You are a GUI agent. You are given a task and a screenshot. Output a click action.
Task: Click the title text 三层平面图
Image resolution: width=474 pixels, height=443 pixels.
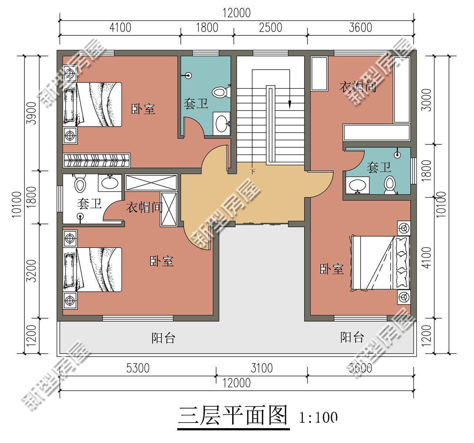pos(233,416)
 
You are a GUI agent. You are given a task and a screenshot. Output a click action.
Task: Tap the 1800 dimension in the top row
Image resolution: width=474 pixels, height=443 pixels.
pos(207,28)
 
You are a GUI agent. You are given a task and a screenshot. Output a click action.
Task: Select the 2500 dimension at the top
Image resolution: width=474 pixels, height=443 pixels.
pos(270,28)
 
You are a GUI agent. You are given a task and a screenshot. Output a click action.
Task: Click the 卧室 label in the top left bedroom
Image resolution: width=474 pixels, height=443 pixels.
pos(143,109)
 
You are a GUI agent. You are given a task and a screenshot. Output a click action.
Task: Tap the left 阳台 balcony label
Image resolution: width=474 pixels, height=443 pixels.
pos(163,338)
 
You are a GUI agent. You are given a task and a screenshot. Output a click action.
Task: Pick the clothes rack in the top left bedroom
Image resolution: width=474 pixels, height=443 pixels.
pos(97,160)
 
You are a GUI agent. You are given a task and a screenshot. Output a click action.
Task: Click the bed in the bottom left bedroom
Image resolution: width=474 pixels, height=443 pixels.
pos(94,270)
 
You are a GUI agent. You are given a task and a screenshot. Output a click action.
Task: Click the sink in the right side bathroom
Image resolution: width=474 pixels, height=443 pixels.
pos(358,185)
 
